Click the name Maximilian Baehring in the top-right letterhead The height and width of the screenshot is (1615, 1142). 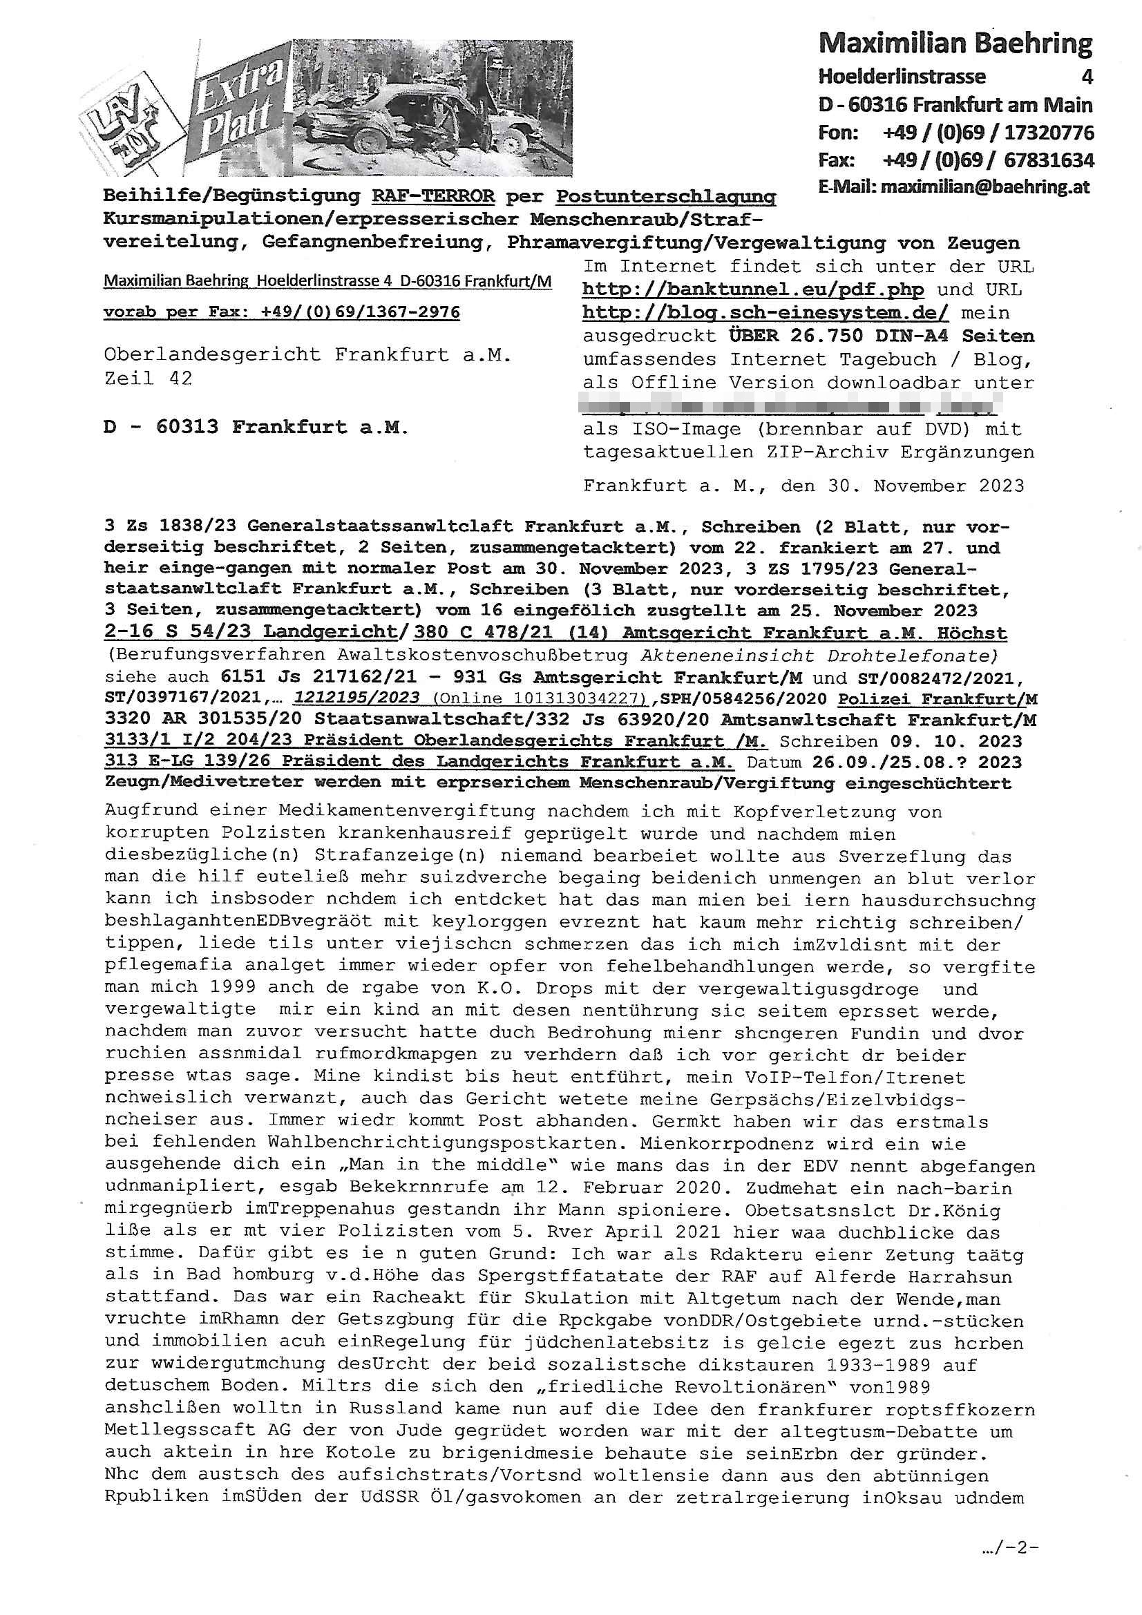point(955,44)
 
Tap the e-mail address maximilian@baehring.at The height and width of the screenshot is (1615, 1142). point(985,187)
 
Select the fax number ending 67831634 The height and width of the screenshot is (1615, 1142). point(1049,160)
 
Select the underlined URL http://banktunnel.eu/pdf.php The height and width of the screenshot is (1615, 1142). point(752,290)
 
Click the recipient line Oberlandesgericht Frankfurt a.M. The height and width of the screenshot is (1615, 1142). point(307,354)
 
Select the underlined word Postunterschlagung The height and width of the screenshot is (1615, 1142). point(665,196)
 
